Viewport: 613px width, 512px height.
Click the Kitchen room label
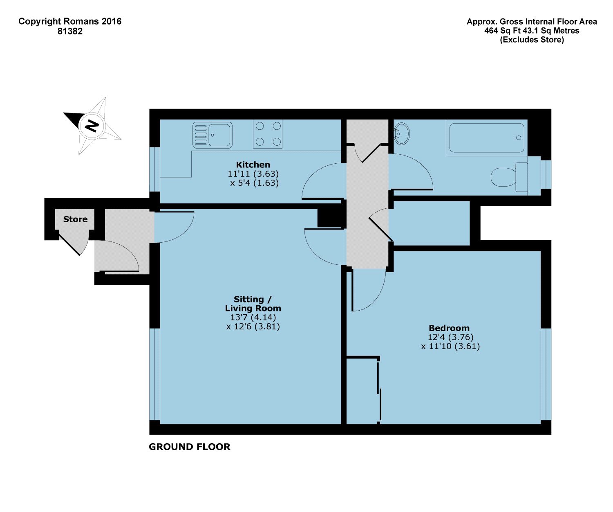[x=253, y=165]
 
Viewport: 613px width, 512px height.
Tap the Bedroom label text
[x=449, y=328]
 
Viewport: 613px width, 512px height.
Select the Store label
[x=75, y=219]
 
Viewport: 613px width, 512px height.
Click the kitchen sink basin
[x=219, y=135]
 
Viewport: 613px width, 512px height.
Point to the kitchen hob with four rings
[x=268, y=134]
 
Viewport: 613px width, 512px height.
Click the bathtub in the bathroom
[x=486, y=138]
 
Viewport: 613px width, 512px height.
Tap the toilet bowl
[x=503, y=177]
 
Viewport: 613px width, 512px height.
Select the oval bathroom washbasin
[x=401, y=134]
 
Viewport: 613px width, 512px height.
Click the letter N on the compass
[x=92, y=126]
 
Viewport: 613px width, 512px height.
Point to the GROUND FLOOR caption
[x=189, y=447]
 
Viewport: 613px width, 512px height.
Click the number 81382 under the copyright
[x=70, y=31]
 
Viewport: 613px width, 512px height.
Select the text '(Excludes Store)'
[x=532, y=40]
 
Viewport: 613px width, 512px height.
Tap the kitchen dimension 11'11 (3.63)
[x=253, y=174]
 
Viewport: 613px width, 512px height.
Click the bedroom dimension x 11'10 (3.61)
[x=450, y=346]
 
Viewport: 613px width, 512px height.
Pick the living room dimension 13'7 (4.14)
[x=253, y=317]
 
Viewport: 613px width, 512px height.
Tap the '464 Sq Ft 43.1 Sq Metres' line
[x=532, y=31]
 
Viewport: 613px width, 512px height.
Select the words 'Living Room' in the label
[x=253, y=308]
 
